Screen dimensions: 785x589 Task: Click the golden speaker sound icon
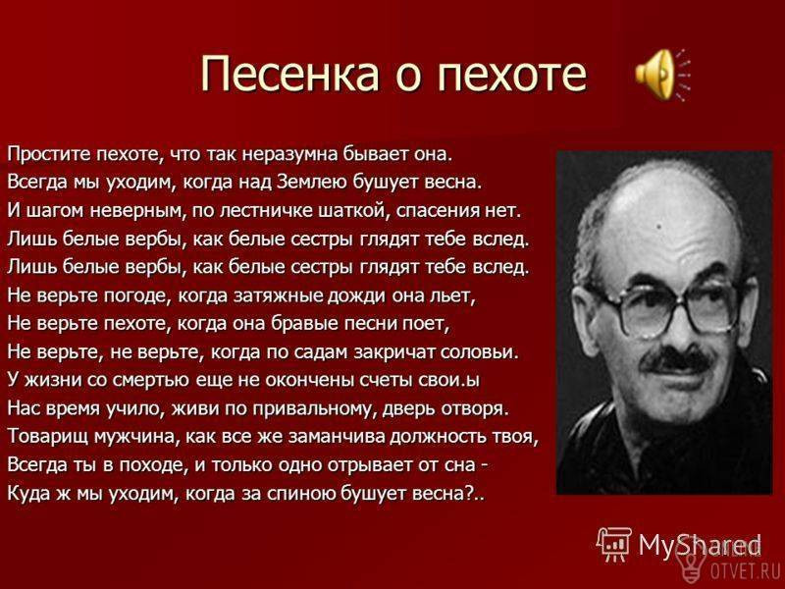pyautogui.click(x=661, y=75)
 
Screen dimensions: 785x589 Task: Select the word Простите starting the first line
pyautogui.click(x=50, y=154)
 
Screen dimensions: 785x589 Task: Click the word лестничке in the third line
pyautogui.click(x=266, y=210)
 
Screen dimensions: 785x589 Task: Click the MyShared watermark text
pyautogui.click(x=700, y=545)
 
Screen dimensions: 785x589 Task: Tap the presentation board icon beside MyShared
pyautogui.click(x=615, y=544)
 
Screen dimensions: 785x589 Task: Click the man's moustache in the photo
pyautogui.click(x=677, y=359)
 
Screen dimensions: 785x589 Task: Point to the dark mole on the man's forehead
pyautogui.click(x=658, y=227)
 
